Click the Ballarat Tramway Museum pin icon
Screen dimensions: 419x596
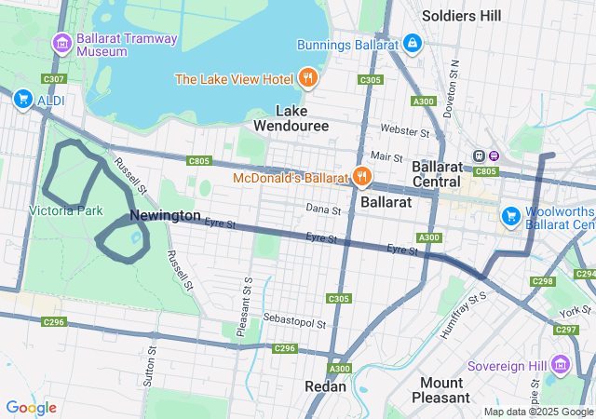click(62, 43)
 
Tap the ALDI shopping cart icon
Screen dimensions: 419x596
click(23, 99)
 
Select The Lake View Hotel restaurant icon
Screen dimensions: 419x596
click(308, 78)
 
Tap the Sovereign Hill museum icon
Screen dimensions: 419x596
click(560, 364)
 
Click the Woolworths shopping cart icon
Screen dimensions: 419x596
click(510, 216)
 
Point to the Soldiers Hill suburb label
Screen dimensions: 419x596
click(461, 16)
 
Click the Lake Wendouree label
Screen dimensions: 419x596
click(291, 117)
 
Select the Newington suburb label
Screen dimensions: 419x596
click(165, 215)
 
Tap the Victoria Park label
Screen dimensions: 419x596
click(65, 210)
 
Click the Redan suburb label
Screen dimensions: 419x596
click(325, 385)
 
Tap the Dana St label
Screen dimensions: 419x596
click(323, 209)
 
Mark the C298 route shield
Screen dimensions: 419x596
click(542, 280)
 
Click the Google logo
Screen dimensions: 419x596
click(31, 407)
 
